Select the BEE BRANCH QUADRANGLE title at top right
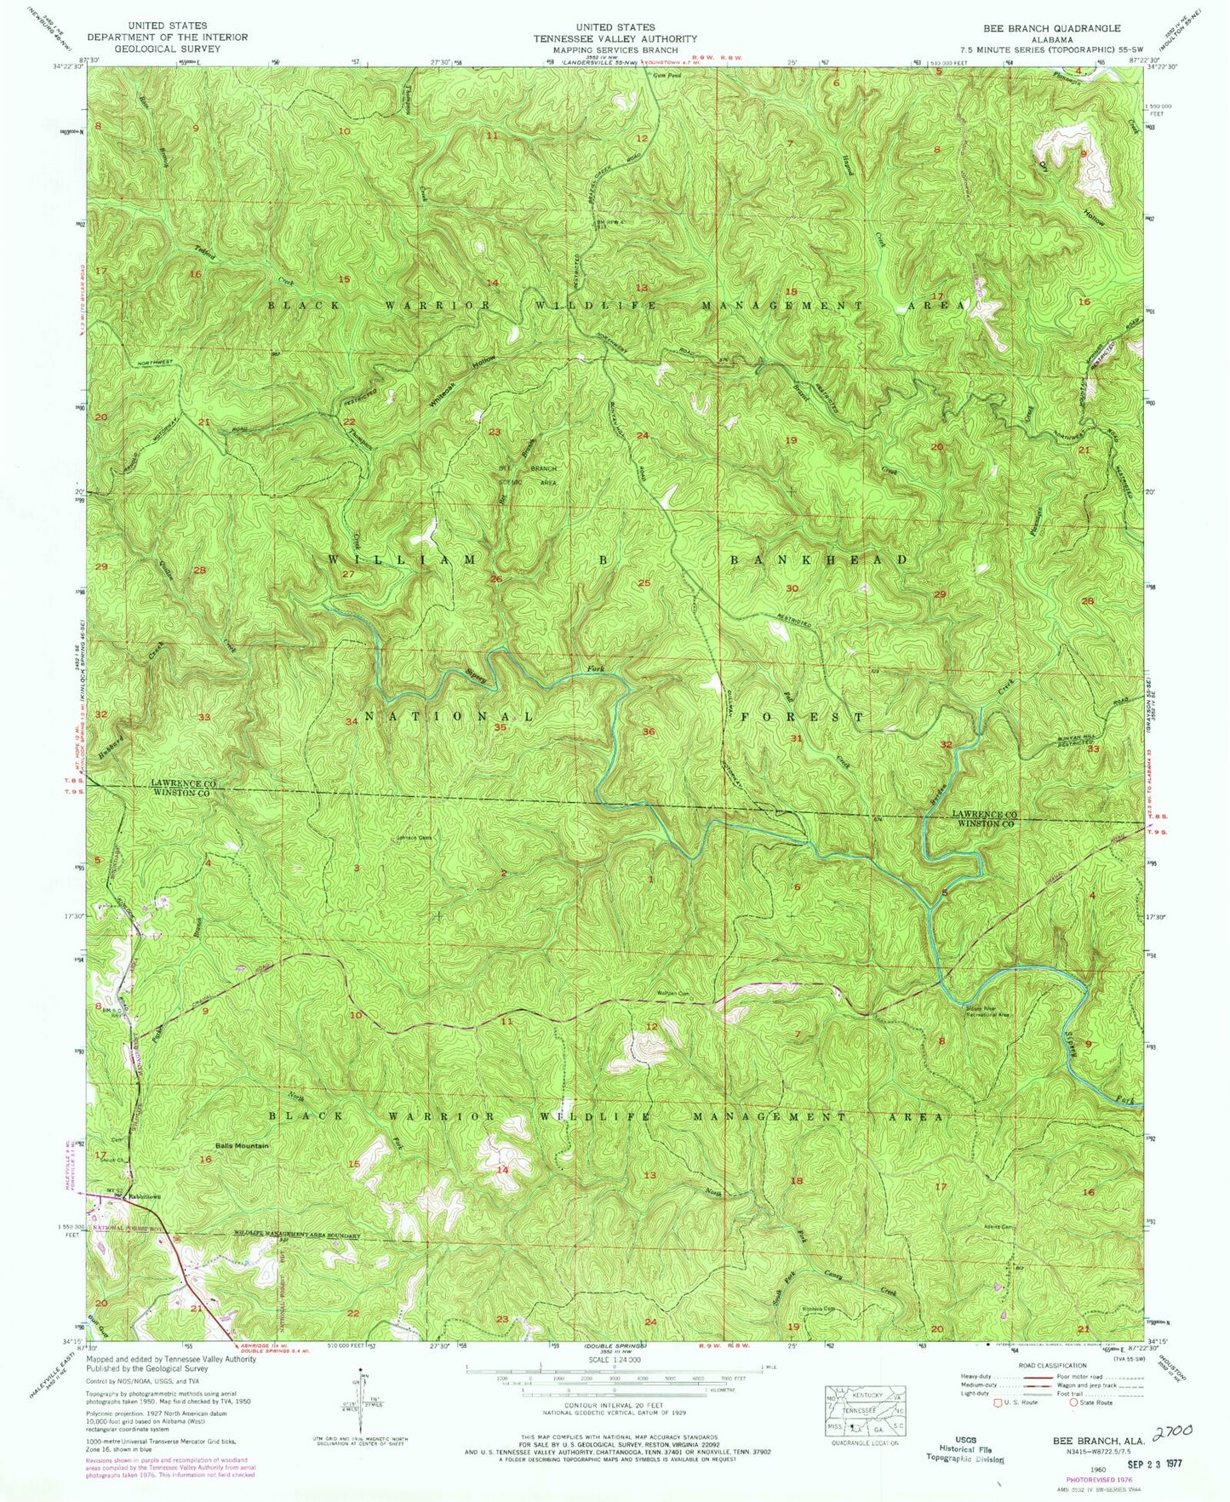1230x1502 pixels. [1051, 28]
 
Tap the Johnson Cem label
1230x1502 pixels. [415, 837]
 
